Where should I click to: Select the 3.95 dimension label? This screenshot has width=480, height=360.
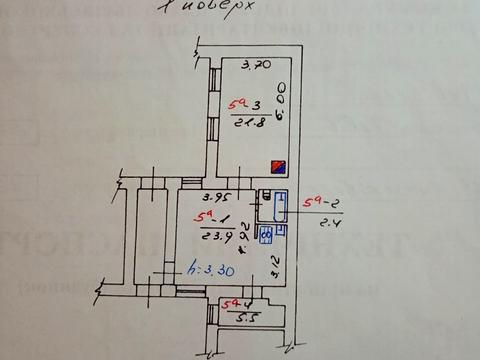204,196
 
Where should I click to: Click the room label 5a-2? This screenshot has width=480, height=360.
327,204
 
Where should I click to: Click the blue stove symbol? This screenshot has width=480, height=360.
267,237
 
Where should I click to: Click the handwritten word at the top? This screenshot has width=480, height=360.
211,9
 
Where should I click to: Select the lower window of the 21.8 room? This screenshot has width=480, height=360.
213,128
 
